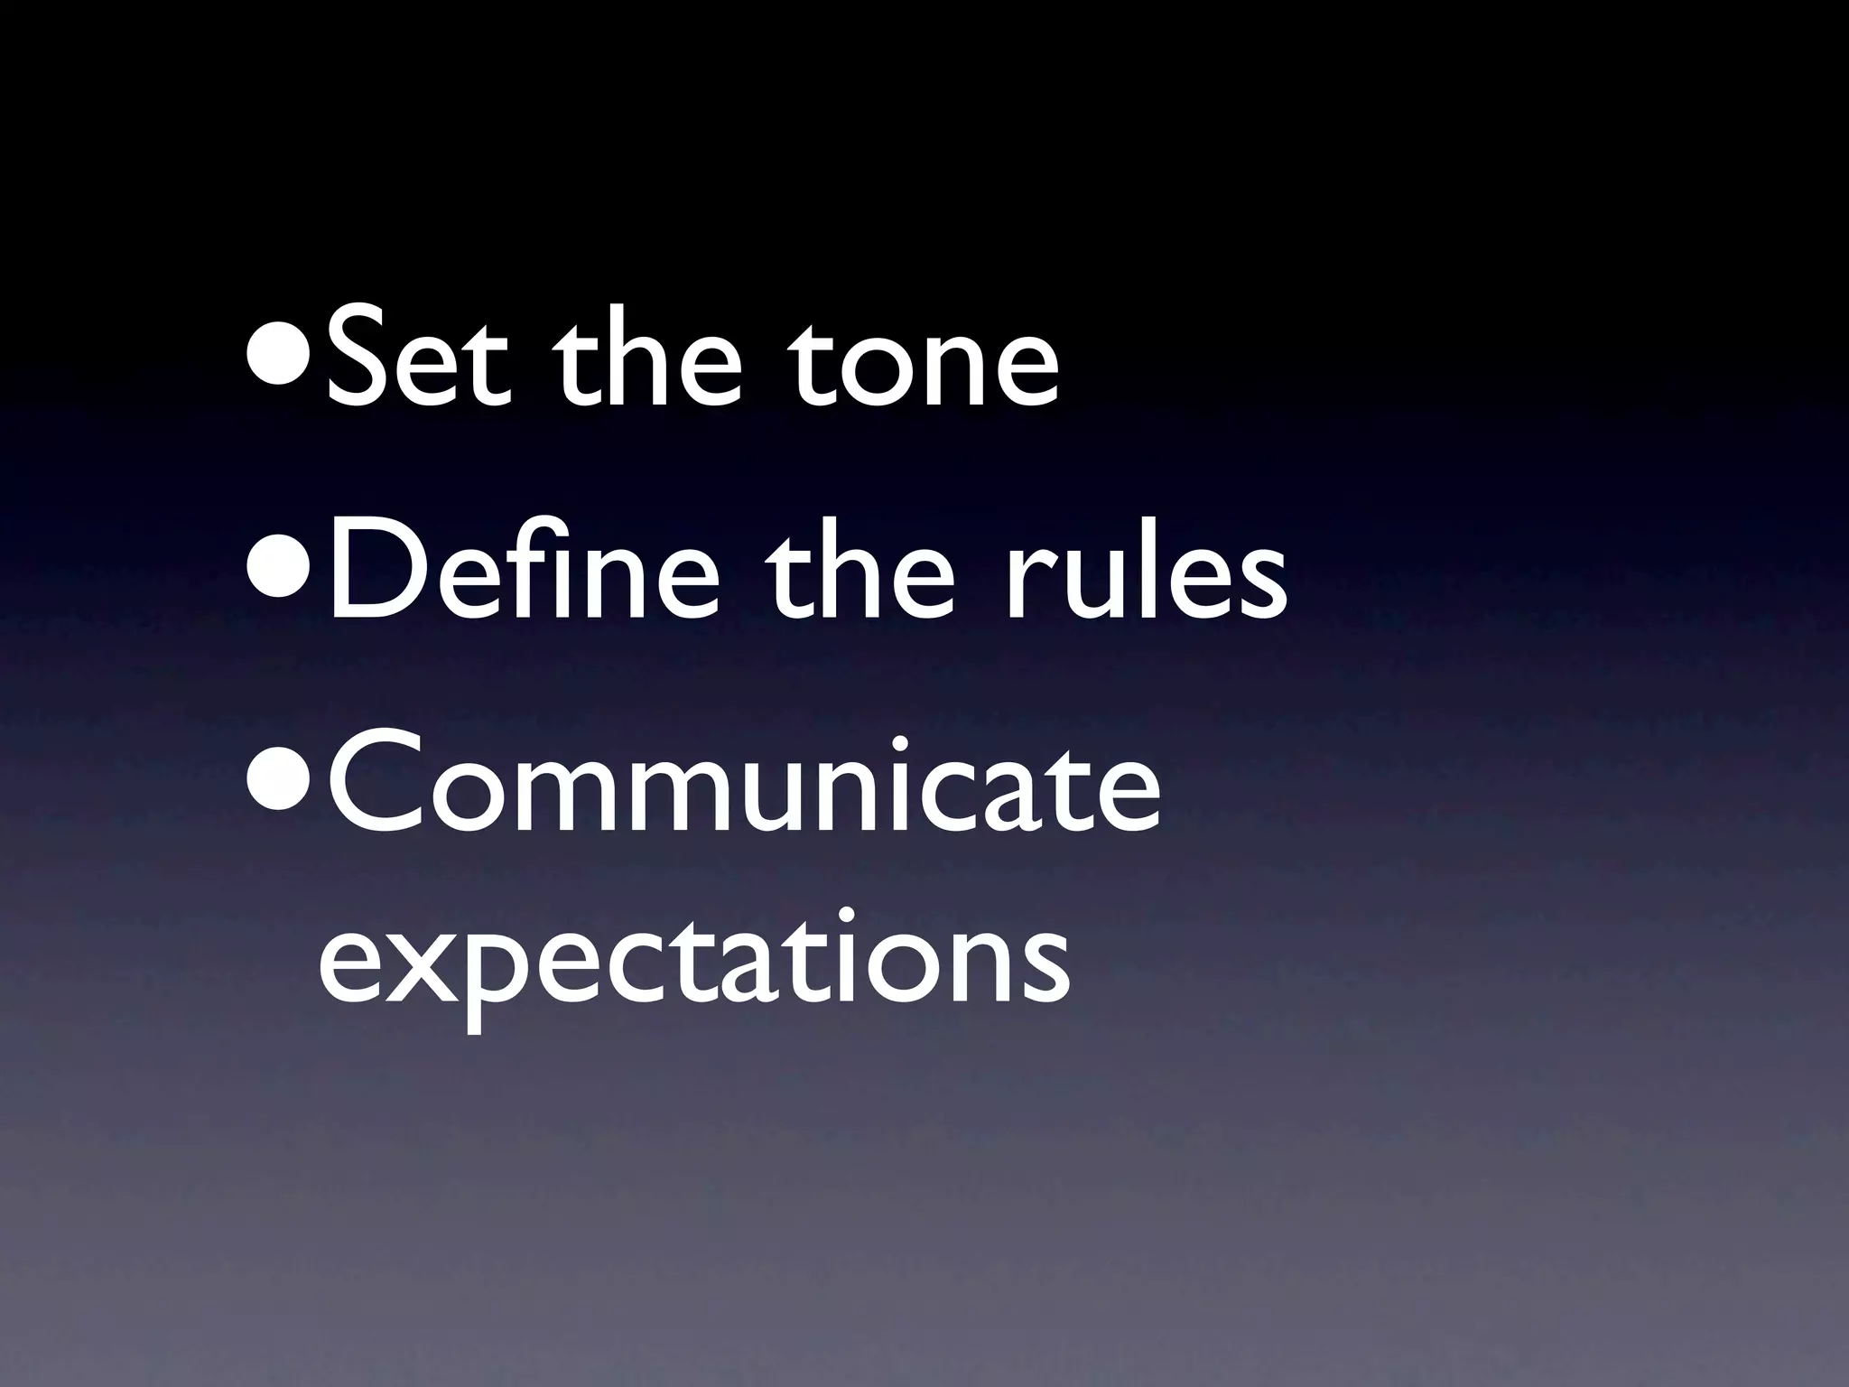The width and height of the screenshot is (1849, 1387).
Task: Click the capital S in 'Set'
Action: click(359, 360)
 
